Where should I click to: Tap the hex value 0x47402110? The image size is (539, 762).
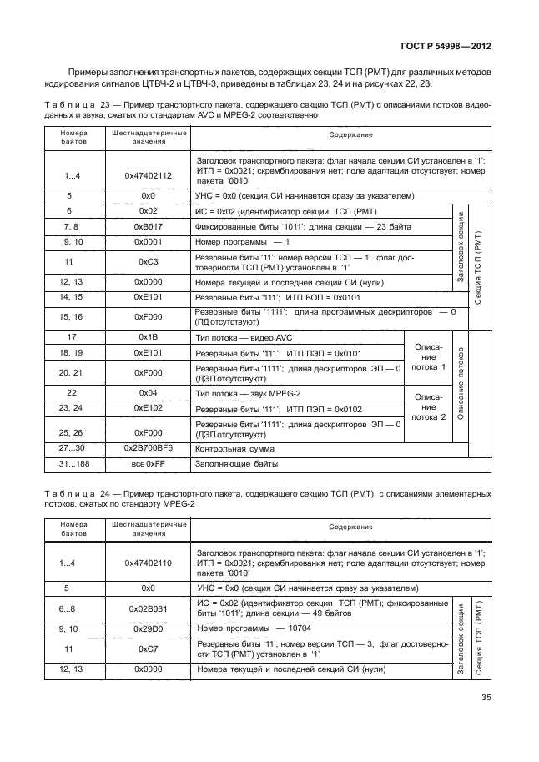click(148, 563)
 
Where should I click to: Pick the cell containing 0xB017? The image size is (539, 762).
click(148, 226)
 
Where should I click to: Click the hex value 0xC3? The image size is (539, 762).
click(148, 261)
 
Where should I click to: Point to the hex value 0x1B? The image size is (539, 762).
click(148, 336)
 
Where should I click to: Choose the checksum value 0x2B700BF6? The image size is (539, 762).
click(148, 448)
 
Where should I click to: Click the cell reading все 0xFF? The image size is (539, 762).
click(148, 464)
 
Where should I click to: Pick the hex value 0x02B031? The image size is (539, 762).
click(148, 609)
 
